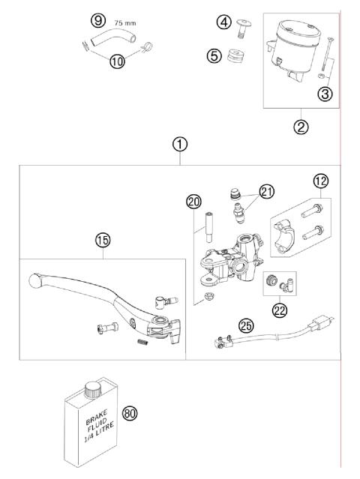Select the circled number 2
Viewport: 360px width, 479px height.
click(x=301, y=127)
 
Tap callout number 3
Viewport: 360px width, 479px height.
click(x=324, y=93)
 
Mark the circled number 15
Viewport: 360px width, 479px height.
click(x=103, y=240)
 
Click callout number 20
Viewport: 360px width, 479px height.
click(x=194, y=202)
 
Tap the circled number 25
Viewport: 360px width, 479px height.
click(x=245, y=325)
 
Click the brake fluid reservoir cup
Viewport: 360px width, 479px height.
click(x=293, y=45)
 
